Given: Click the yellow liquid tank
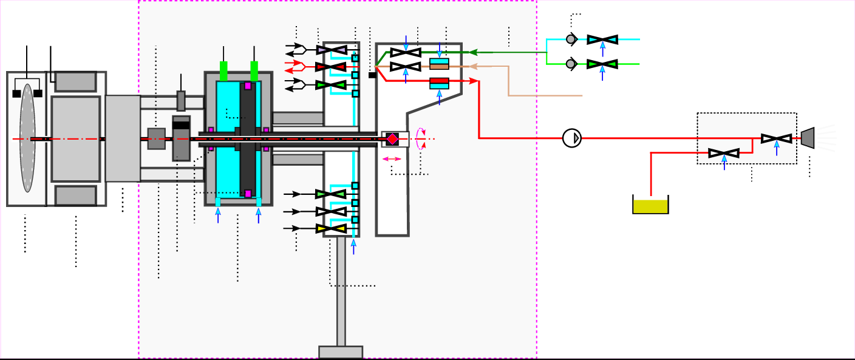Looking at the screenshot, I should point(650,206).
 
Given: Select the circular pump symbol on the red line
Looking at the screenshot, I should point(572,138).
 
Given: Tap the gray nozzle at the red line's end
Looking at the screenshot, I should point(808,138).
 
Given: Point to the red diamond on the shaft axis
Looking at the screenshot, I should point(392,139).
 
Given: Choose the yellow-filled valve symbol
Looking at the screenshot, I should point(331,229).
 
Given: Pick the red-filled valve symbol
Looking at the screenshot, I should point(331,66).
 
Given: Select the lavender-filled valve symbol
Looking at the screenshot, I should point(332,50).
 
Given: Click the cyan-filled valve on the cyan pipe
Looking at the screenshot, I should point(602,39).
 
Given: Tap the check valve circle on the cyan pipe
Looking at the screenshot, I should point(571,39).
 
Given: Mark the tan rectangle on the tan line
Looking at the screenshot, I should point(439,66).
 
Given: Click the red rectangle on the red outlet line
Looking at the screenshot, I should point(439,80).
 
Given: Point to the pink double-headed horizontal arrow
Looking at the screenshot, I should point(392,159).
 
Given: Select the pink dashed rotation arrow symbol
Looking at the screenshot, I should point(421,138).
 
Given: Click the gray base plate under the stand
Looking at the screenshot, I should point(341,352).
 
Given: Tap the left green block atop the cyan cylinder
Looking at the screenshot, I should point(223,71).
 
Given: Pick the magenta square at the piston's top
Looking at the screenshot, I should point(248,86).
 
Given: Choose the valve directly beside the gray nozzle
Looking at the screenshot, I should point(777,139).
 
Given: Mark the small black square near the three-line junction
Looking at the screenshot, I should point(372,75).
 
